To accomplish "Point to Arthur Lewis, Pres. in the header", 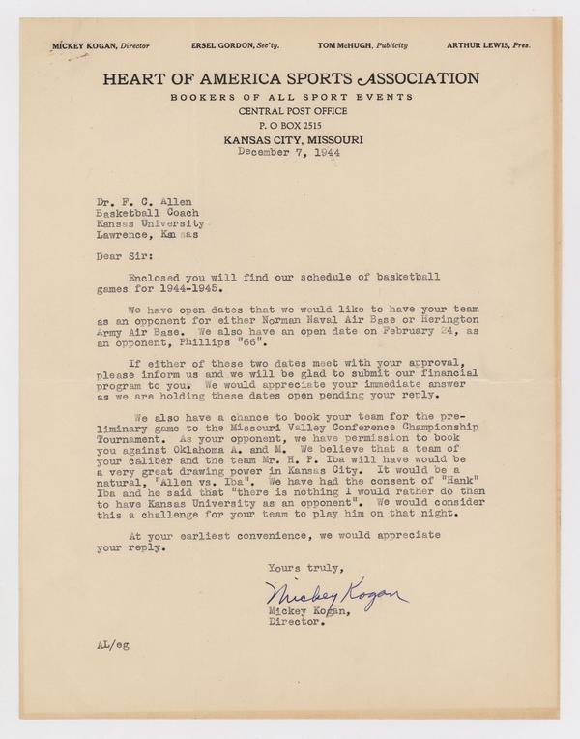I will click(488, 46).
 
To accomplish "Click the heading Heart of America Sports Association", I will click(290, 77).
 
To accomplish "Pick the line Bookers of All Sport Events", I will click(290, 98).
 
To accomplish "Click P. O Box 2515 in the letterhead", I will click(290, 126).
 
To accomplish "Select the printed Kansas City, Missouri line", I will click(290, 139).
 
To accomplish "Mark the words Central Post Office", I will click(290, 112).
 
